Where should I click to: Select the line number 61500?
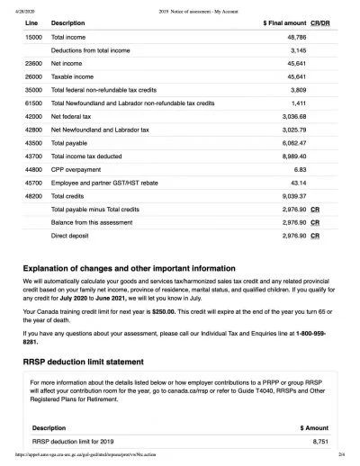(x=32, y=103)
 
